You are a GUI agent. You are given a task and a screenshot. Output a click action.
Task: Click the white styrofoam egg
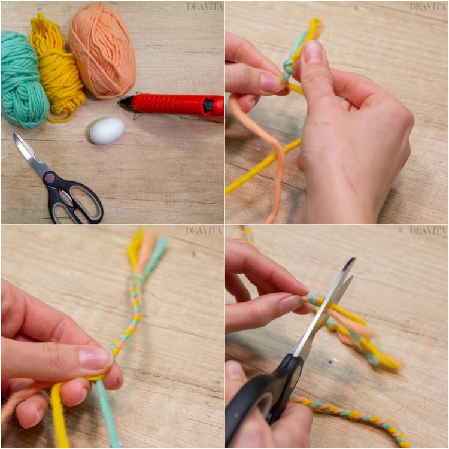[x=107, y=131]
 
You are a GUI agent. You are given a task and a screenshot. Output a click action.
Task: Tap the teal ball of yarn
[x=23, y=80]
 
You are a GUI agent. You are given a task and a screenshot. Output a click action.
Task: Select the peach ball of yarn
[x=102, y=51]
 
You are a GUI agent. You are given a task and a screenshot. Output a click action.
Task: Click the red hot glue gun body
[x=178, y=105]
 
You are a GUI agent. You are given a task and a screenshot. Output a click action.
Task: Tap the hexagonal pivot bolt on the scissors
[x=51, y=178]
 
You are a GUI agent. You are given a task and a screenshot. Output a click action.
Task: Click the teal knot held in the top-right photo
[x=287, y=69]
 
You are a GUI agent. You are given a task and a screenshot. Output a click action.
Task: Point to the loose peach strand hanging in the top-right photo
[x=267, y=154]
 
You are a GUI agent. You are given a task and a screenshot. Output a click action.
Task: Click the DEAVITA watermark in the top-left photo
[x=205, y=7]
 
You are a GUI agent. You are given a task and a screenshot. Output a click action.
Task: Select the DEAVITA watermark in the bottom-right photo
[x=427, y=230]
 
